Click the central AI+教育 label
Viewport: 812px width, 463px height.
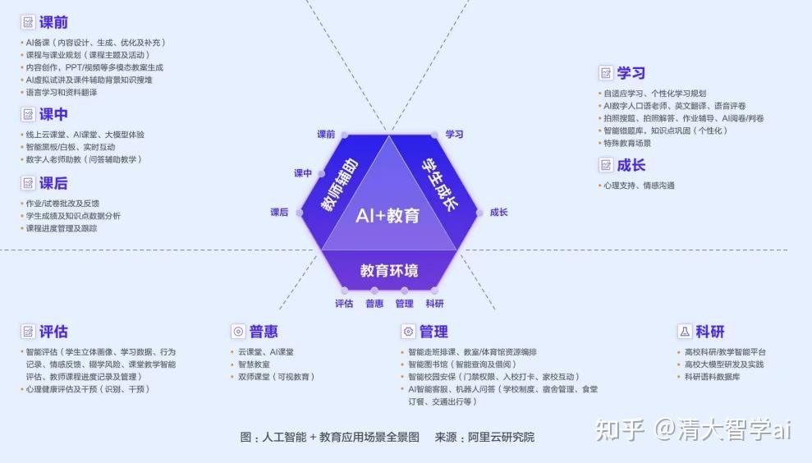click(388, 216)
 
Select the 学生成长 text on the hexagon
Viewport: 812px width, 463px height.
click(439, 182)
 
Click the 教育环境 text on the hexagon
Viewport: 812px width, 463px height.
click(389, 270)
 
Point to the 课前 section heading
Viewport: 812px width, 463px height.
click(53, 22)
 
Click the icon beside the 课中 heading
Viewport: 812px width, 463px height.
click(28, 114)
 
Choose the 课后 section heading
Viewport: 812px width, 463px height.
click(53, 182)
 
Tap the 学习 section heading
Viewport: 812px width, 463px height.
click(631, 73)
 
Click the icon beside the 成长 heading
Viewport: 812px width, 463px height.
click(606, 166)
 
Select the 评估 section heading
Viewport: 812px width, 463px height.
click(53, 332)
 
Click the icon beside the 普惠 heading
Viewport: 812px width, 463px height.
click(238, 332)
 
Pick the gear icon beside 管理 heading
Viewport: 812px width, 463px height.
click(408, 332)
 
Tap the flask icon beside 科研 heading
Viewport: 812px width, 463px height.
click(684, 332)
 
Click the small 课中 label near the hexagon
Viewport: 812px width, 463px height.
click(303, 173)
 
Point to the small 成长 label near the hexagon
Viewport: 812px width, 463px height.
click(498, 212)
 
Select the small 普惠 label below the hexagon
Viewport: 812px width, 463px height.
click(374, 304)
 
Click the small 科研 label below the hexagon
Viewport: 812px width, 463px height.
click(434, 304)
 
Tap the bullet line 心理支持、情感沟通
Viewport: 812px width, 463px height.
click(638, 186)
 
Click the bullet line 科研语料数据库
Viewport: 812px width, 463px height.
click(712, 377)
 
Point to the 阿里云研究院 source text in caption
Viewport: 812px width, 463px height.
click(501, 437)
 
